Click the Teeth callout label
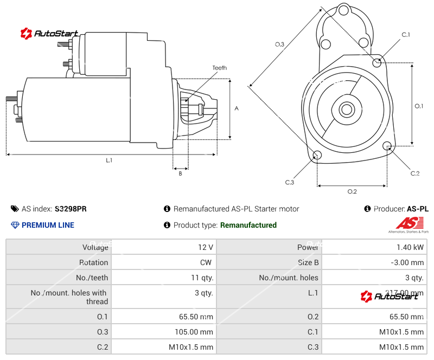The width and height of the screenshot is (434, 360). point(219,68)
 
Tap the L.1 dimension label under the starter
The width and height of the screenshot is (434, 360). point(109,160)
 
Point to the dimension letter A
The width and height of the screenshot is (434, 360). point(237,108)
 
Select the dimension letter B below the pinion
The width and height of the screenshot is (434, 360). point(180,173)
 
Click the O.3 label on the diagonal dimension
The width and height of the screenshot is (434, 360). point(279,44)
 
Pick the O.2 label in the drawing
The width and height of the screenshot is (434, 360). point(352,191)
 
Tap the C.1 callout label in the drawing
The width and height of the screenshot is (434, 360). point(405,35)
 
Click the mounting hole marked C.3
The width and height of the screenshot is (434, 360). point(317,156)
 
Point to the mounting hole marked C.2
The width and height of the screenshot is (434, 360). point(387,146)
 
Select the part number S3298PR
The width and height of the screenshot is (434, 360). point(71,209)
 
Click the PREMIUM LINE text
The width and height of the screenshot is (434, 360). point(48,225)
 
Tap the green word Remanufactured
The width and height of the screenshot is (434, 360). point(248,225)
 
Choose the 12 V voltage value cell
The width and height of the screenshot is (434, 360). point(206,247)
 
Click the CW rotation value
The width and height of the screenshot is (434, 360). point(207,262)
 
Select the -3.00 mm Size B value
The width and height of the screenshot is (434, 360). point(407,262)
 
